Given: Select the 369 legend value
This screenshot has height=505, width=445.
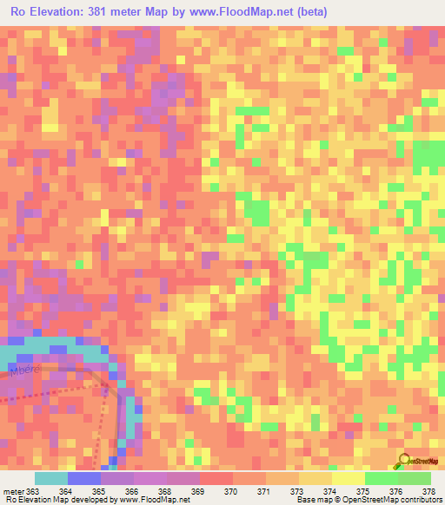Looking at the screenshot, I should (x=198, y=491).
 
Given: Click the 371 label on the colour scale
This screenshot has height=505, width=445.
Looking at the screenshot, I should (x=264, y=491).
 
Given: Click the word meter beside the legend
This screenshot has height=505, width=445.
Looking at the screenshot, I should (x=13, y=491).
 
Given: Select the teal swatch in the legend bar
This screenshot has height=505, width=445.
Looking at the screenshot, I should (x=51, y=478).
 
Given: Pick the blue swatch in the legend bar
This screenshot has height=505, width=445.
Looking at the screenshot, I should (x=84, y=478).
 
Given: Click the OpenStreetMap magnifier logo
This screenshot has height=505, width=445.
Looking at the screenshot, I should (x=401, y=460).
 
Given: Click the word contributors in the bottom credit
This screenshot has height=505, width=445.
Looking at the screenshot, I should (x=416, y=500).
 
